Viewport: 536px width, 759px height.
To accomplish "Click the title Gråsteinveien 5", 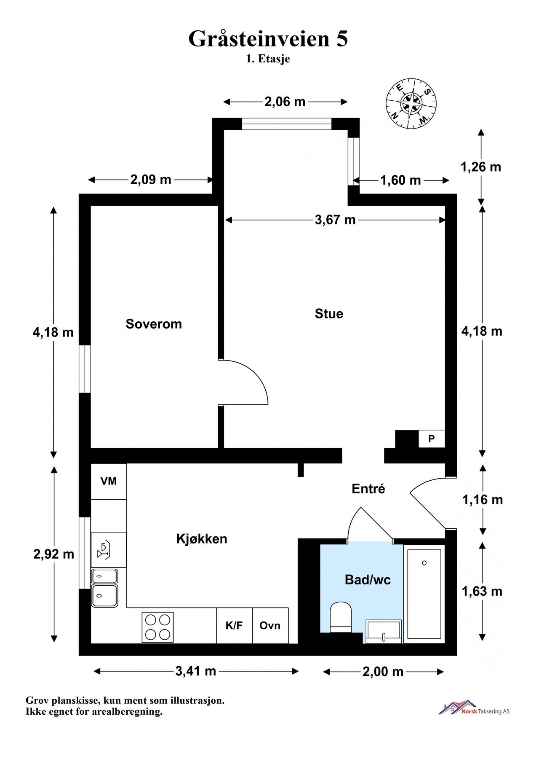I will pos(268,39).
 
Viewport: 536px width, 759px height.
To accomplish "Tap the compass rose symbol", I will pos(411,102).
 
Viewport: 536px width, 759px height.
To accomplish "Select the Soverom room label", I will pos(154,324).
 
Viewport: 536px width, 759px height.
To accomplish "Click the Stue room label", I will pos(329,314).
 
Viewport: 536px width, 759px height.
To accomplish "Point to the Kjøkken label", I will pos(202,538).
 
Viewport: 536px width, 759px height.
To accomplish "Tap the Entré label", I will pos(368,489).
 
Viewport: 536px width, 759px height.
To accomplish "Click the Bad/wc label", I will pos(368,580).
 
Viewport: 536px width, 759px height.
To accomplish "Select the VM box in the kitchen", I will pos(109,481).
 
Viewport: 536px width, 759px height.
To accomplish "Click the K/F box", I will pos(234,625).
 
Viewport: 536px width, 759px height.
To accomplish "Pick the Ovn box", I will pos(270,625).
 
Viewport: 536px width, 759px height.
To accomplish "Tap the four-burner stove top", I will pos(157,627).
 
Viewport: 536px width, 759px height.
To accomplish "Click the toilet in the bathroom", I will pos(341,617).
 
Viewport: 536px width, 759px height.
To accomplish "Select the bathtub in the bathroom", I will pos(424,594).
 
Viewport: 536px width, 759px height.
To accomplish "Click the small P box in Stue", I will pos(431,439).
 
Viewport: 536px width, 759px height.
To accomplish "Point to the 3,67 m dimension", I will pos(335,220).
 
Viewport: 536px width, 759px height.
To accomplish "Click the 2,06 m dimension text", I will pos(285,102).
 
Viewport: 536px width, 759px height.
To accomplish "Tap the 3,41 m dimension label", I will pos(196,671).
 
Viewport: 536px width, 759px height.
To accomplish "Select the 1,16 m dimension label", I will pos(483,500).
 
